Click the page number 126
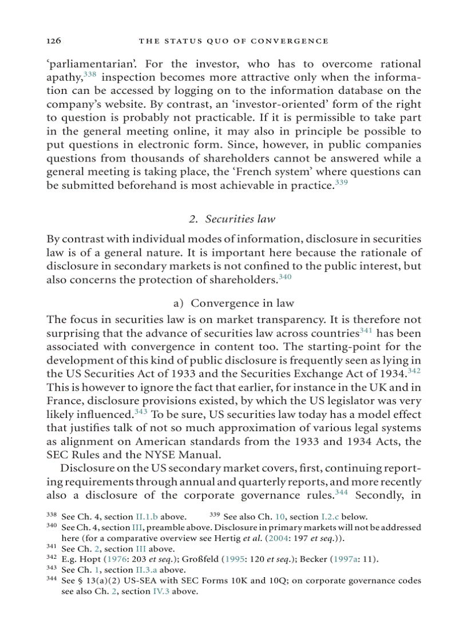(53, 41)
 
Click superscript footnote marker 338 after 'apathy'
(90, 74)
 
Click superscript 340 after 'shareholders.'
(285, 278)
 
